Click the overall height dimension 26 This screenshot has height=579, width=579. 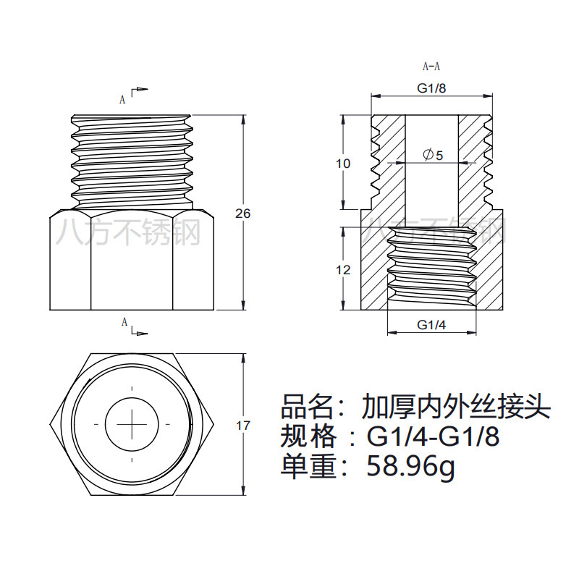(x=243, y=214)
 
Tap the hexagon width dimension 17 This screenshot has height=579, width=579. (x=243, y=426)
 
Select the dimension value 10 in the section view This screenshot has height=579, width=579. (x=343, y=164)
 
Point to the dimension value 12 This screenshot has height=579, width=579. (x=343, y=270)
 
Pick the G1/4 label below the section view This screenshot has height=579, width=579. (x=432, y=325)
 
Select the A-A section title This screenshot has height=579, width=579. (x=431, y=67)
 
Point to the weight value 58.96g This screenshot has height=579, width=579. (x=411, y=466)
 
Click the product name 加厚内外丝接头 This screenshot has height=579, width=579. (x=456, y=407)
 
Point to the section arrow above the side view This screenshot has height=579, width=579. (x=139, y=90)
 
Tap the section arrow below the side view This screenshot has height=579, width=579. (x=139, y=332)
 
